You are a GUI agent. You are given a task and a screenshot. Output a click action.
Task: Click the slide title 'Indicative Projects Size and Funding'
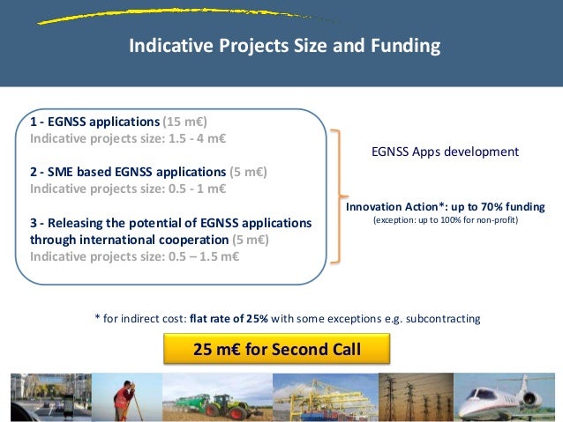(284, 45)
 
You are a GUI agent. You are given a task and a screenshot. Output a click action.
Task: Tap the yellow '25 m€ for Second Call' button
(277, 351)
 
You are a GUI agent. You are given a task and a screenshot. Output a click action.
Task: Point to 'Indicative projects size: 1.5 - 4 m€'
(129, 139)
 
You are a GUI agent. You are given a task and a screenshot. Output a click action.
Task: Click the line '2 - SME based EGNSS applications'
(127, 172)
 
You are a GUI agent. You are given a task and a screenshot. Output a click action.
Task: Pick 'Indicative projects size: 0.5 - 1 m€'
(129, 189)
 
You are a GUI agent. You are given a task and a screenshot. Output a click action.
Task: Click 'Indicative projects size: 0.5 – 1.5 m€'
(134, 256)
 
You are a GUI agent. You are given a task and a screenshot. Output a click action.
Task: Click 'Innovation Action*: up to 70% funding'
(445, 206)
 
